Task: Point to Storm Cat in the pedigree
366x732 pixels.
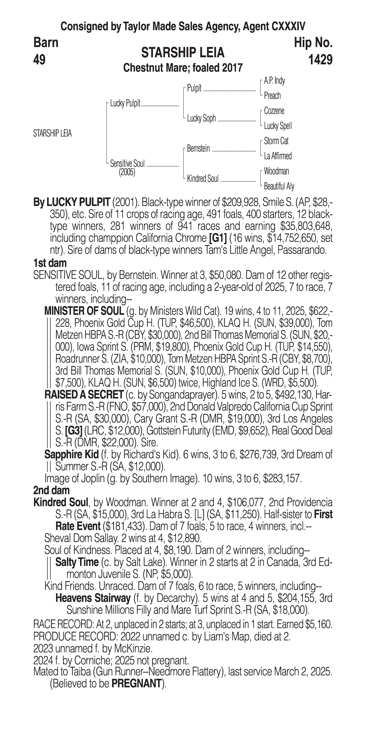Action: [276, 141]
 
